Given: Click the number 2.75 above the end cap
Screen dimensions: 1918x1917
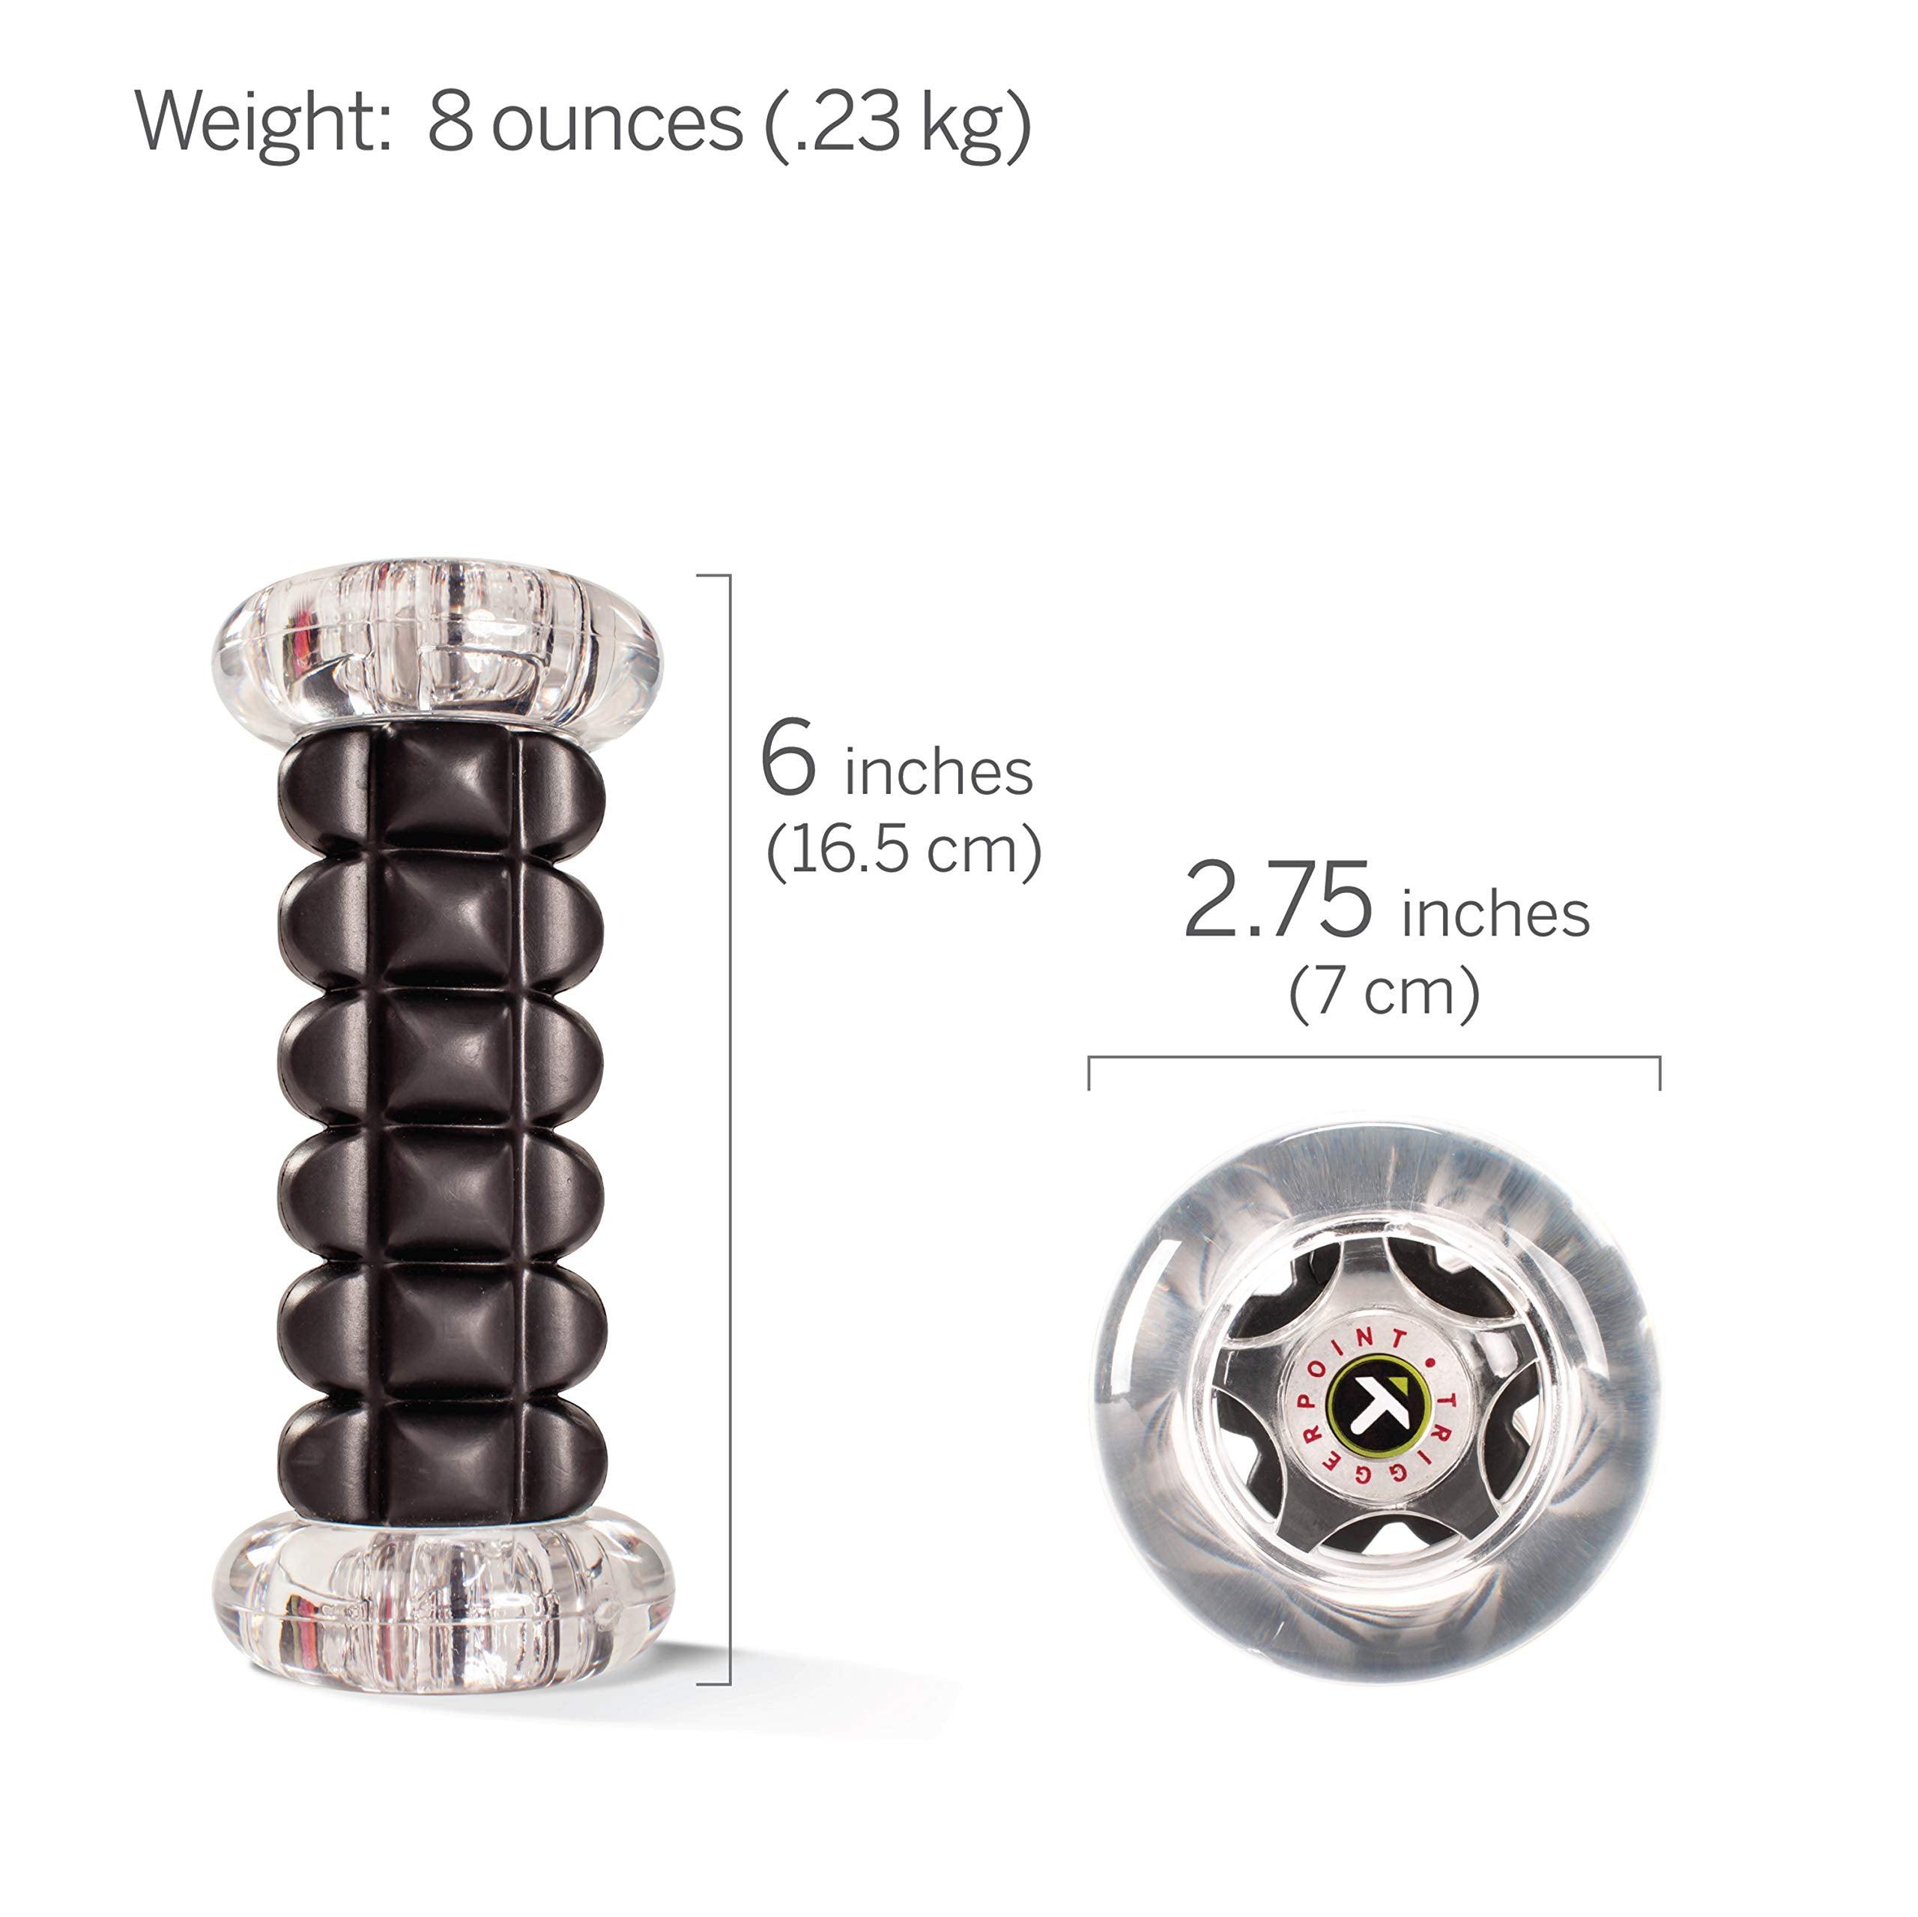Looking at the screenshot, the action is pyautogui.click(x=1279, y=900).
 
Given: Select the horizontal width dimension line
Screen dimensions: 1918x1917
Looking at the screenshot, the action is pyautogui.click(x=1374, y=1059).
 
